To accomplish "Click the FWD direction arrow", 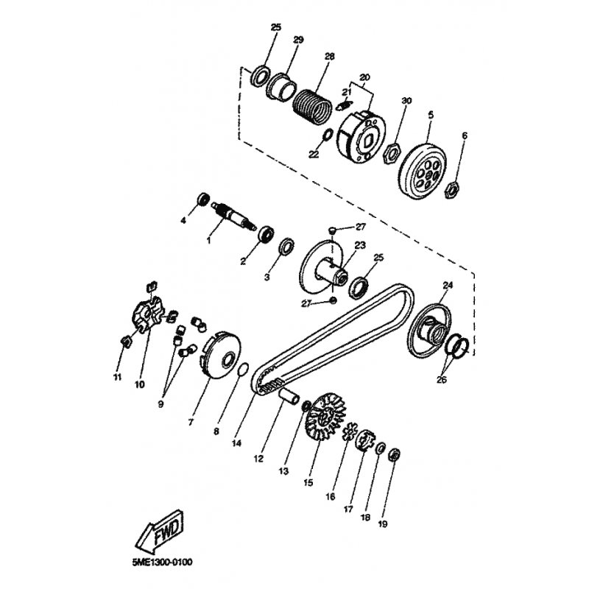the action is click(160, 531).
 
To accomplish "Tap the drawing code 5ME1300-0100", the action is click(162, 562).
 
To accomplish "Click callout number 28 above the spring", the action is click(329, 57).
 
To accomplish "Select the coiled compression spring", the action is click(312, 106).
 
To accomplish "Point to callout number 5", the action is click(431, 115).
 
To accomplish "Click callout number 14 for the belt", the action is click(236, 443).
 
